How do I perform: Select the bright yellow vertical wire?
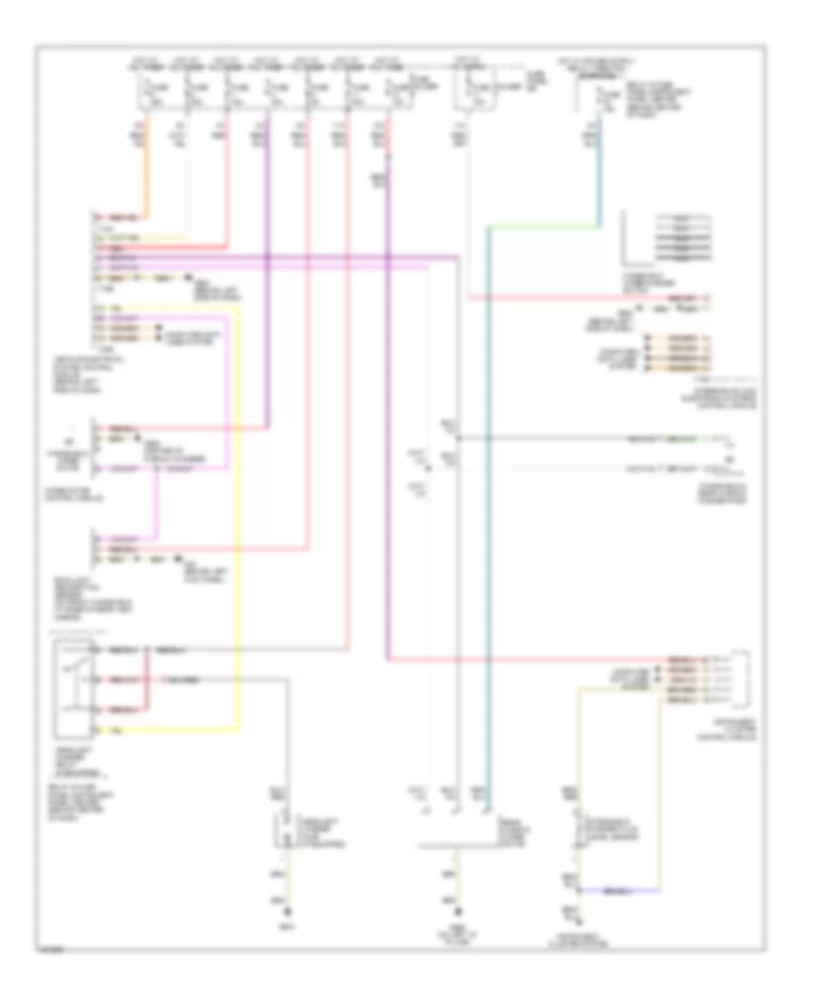(240, 508)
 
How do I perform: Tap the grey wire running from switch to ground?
(289, 743)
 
